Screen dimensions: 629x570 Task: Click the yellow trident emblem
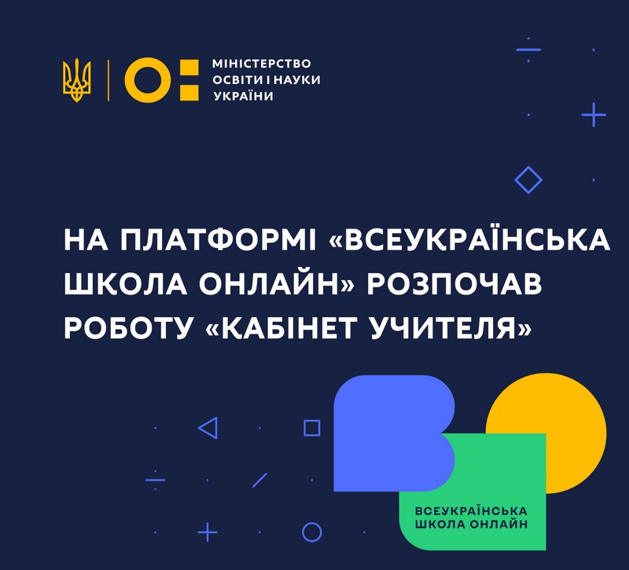[x=76, y=80]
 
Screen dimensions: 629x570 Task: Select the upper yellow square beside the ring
[x=189, y=68]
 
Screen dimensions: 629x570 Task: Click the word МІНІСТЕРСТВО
[x=262, y=64]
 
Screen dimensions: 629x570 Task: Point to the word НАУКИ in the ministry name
[x=297, y=80]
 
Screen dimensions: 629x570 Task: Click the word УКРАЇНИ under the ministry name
[x=243, y=95]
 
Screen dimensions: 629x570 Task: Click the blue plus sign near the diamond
[x=594, y=115]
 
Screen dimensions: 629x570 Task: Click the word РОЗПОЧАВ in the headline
[x=454, y=284]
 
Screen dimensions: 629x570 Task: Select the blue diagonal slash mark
[x=260, y=480]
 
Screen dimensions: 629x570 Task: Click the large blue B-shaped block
[x=385, y=433]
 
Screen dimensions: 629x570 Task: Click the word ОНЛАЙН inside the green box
[x=498, y=524]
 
